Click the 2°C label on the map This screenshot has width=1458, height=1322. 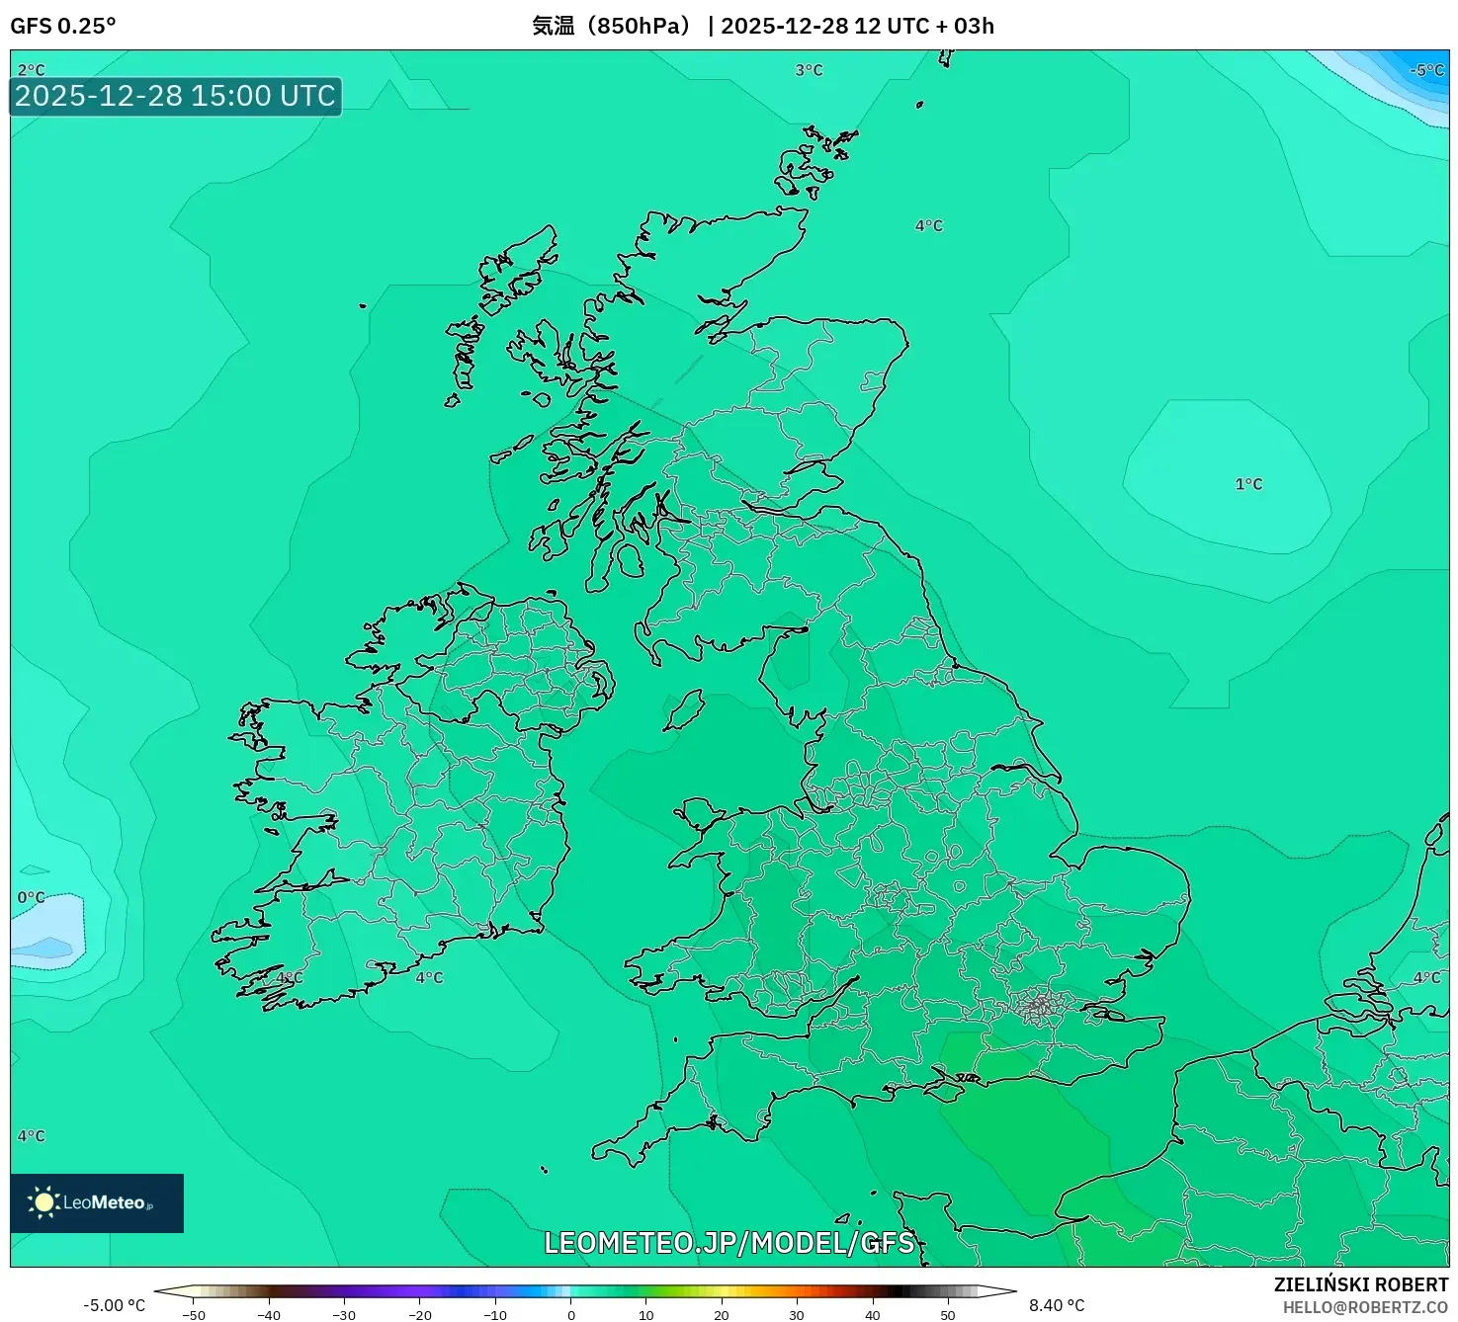[32, 70]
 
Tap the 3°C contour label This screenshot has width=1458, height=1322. [809, 70]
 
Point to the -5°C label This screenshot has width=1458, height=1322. [1427, 70]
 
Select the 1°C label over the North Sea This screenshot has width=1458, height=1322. [1248, 484]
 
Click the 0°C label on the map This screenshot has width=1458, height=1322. [32, 897]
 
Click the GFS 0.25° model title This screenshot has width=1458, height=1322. [63, 26]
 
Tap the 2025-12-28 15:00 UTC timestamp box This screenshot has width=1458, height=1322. [176, 96]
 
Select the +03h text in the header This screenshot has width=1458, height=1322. [965, 26]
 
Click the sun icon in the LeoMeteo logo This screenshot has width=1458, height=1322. [43, 1202]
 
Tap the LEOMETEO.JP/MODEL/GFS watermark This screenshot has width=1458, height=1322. [729, 1242]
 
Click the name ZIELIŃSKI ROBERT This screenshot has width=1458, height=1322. [1360, 1284]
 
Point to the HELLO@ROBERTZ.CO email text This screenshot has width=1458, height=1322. [1365, 1307]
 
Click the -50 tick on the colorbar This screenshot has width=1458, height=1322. [194, 1315]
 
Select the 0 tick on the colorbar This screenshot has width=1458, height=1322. [570, 1315]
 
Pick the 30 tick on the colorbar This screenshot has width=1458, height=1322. [797, 1315]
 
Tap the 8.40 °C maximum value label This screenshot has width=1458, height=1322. [1057, 1305]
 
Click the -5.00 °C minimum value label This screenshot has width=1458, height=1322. [114, 1305]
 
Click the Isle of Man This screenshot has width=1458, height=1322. [684, 709]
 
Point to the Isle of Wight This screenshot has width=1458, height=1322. [944, 1089]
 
